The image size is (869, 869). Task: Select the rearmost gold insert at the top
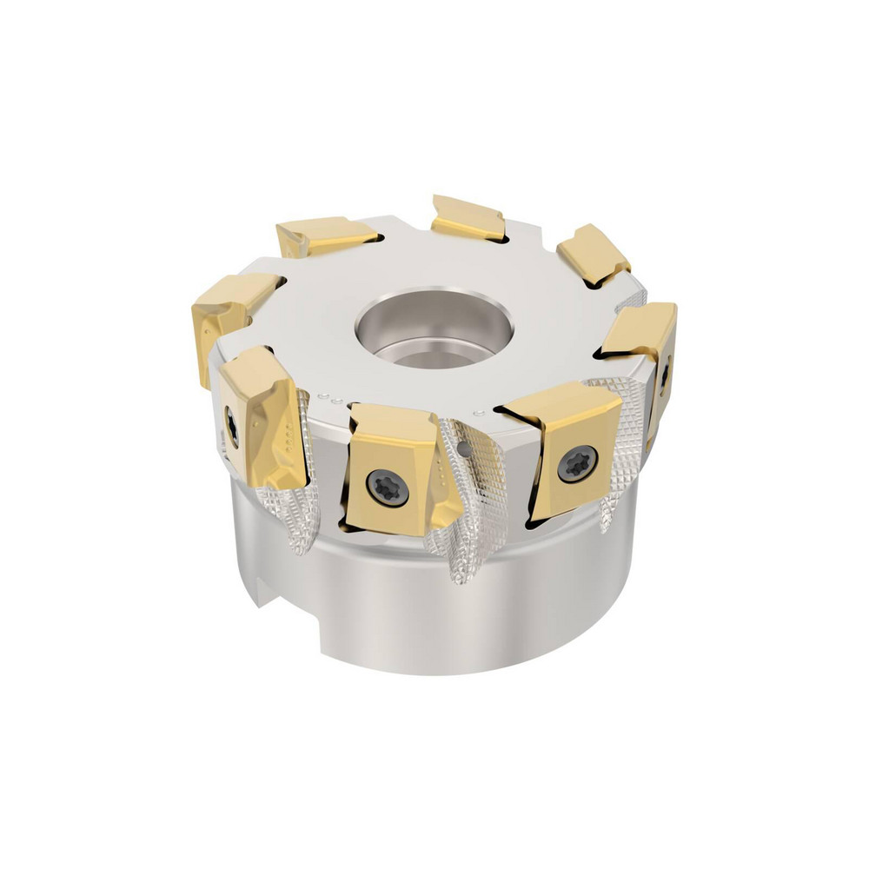tap(468, 218)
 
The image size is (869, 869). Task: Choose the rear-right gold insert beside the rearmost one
tap(593, 253)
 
